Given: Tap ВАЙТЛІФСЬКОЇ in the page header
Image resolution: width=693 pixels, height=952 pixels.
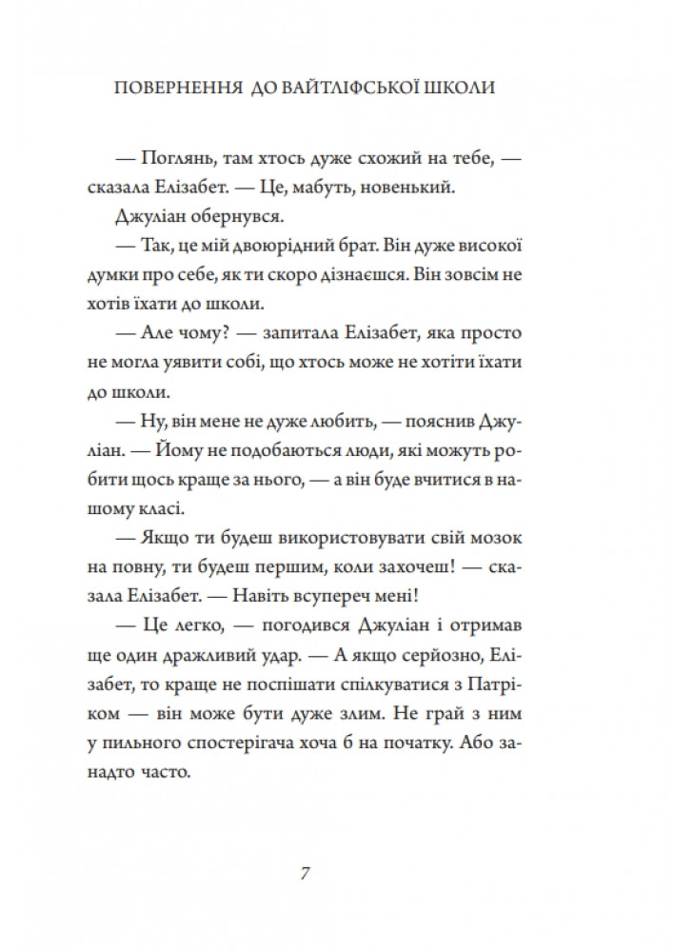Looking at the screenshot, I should (358, 89).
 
